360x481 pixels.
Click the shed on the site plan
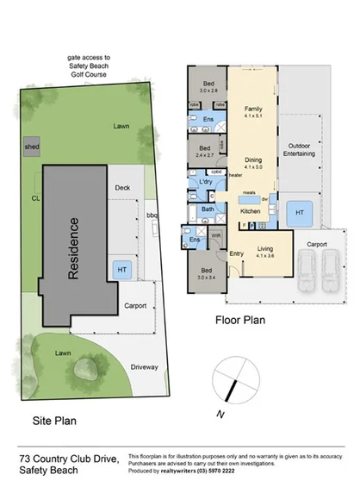[x=32, y=147]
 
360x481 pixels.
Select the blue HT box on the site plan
[x=121, y=270]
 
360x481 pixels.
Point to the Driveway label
[x=146, y=367]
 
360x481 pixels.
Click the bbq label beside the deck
[x=152, y=216]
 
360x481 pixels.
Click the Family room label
[x=252, y=113]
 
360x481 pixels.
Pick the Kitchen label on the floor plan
[x=250, y=211]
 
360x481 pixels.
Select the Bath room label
[x=208, y=209]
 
